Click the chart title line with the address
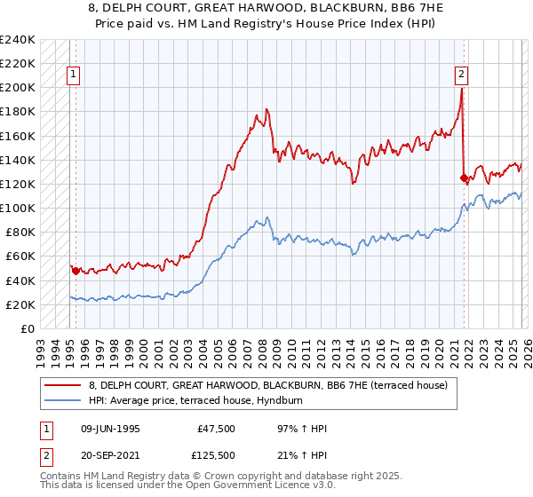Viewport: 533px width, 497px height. pyautogui.click(x=266, y=8)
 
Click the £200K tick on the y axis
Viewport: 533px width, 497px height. pyautogui.click(x=17, y=88)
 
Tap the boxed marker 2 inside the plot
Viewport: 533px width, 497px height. pyautogui.click(x=462, y=76)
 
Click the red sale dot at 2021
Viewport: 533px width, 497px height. pyautogui.click(x=463, y=177)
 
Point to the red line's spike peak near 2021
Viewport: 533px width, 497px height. pyautogui.click(x=461, y=89)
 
